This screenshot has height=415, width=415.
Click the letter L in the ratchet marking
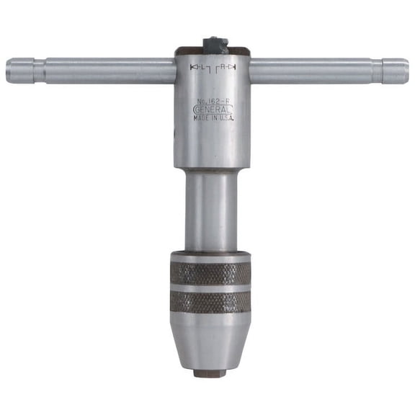(x=201, y=68)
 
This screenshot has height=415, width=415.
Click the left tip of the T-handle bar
(x=9, y=71)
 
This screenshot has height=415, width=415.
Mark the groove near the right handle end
(x=375, y=71)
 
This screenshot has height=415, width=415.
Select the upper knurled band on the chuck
(x=210, y=274)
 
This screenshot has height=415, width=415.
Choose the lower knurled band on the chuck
(x=210, y=302)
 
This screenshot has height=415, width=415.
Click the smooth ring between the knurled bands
(x=210, y=288)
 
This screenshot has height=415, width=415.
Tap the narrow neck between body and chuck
(x=210, y=209)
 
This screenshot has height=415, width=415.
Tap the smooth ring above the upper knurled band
(x=210, y=256)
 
